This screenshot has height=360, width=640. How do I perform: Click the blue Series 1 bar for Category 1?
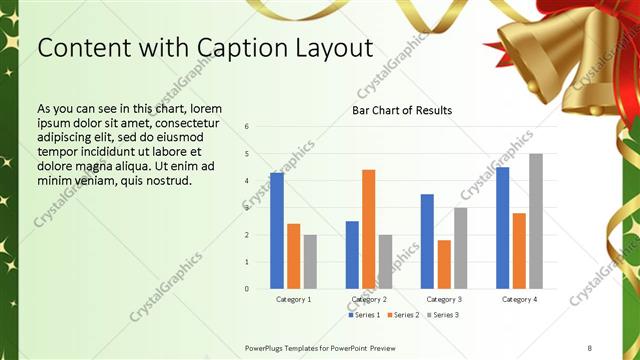pyautogui.click(x=277, y=230)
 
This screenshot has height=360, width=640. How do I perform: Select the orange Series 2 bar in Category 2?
pyautogui.click(x=369, y=229)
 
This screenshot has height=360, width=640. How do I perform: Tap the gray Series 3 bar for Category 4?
pyautogui.click(x=536, y=221)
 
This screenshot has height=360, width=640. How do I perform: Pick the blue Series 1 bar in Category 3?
pyautogui.click(x=427, y=241)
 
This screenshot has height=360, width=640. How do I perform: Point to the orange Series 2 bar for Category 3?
pyautogui.click(x=444, y=264)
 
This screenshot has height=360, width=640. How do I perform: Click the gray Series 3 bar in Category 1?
pyautogui.click(x=310, y=261)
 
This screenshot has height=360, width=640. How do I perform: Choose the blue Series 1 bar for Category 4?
pyautogui.click(x=502, y=227)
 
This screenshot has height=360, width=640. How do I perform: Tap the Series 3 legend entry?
pyautogui.click(x=443, y=315)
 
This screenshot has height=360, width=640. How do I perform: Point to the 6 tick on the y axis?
pyautogui.click(x=247, y=127)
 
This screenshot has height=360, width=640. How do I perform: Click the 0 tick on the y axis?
pyautogui.click(x=247, y=289)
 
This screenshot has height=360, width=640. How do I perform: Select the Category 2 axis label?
pyautogui.click(x=369, y=299)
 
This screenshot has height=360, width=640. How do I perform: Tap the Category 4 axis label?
pyautogui.click(x=519, y=299)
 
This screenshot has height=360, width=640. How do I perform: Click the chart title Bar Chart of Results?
pyautogui.click(x=402, y=110)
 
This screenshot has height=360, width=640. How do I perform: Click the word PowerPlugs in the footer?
pyautogui.click(x=267, y=347)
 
